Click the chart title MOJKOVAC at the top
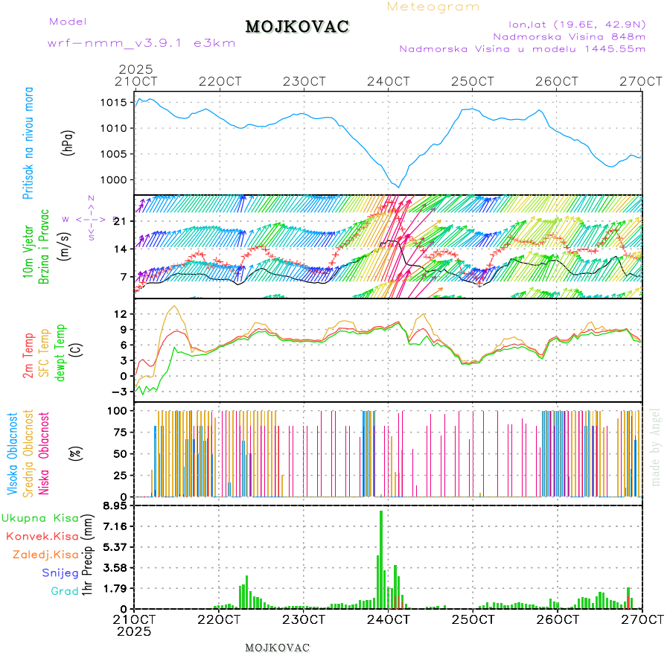(297, 27)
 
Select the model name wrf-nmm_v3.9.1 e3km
(141, 43)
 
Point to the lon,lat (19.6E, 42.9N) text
(576, 23)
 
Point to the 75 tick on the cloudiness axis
(120, 431)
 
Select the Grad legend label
(64, 592)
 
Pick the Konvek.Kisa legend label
(42, 536)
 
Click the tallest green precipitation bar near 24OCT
(381, 558)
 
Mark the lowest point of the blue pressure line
(399, 187)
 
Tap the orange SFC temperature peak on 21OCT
(175, 306)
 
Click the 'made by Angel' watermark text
(656, 447)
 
